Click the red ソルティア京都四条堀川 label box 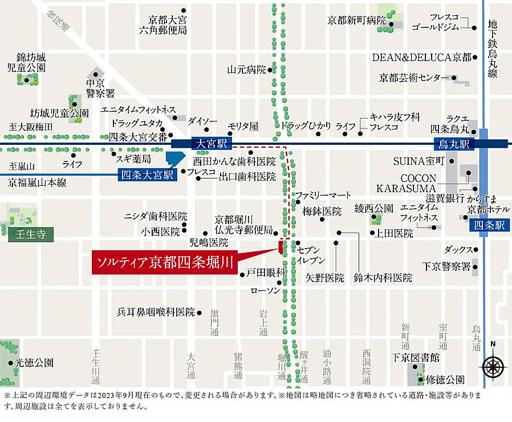165,262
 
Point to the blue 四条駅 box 490,225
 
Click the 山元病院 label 247,70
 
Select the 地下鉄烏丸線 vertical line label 493,50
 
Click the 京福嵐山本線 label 37,182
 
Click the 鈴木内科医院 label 383,278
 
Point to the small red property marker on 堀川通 281,247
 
